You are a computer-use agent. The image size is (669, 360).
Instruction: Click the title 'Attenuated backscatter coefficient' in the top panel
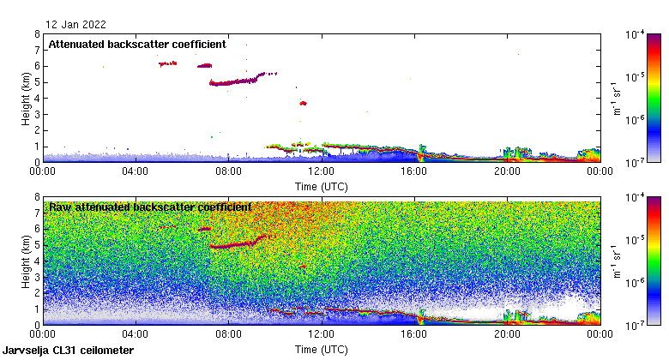point(136,44)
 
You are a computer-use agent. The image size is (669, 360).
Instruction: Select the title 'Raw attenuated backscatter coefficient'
point(150,207)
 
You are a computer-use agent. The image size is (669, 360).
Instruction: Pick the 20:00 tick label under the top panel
point(507,171)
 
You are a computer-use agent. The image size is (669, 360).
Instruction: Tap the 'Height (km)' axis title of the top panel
point(27,98)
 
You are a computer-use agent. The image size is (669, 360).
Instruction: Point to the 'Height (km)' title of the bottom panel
point(27,261)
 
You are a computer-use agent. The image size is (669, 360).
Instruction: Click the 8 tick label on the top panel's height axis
point(37,35)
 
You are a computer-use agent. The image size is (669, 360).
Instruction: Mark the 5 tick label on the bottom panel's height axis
point(37,245)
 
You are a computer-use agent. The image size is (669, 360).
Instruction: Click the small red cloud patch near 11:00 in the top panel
point(303,103)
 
